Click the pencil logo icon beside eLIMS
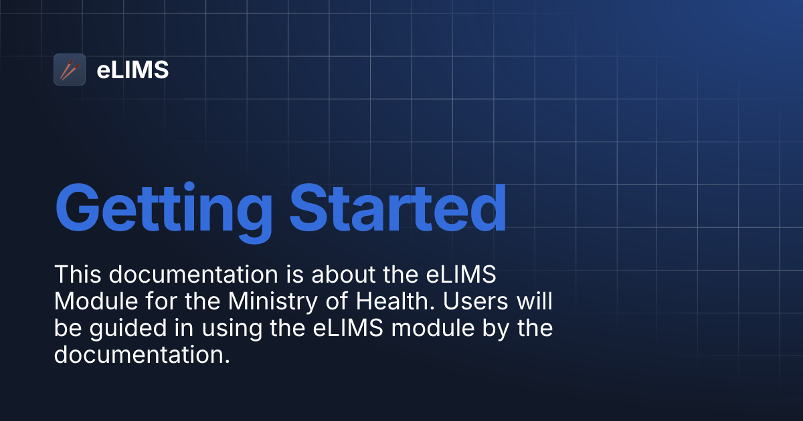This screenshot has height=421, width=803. (70, 69)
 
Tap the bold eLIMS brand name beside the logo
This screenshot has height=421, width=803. (132, 69)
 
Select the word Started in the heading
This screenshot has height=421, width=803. (398, 207)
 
